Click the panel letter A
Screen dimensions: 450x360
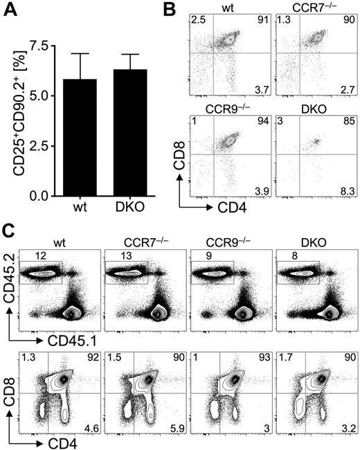[x=11, y=12]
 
